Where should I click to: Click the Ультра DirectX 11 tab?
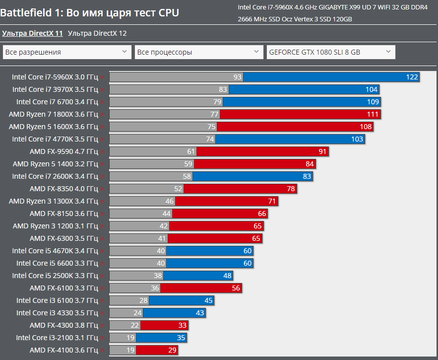tap(32, 33)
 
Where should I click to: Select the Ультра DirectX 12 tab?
tap(97, 33)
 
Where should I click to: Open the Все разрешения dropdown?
tap(67, 52)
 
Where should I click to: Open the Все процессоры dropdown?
tap(199, 52)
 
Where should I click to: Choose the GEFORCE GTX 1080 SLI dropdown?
tap(331, 52)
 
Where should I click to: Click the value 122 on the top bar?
tap(412, 77)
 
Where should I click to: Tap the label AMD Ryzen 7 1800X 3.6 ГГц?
tap(54, 114)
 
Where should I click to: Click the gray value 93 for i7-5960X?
tap(237, 77)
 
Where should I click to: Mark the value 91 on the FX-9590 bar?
tap(322, 151)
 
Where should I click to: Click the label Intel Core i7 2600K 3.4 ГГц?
tap(55, 176)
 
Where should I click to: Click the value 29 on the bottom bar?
tap(172, 350)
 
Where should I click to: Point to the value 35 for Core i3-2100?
tap(181, 338)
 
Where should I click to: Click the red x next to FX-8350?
tap(102, 189)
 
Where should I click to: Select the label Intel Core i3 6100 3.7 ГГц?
tap(57, 300)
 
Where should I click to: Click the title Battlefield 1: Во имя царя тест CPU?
tap(90, 12)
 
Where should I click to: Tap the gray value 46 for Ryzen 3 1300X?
tap(170, 201)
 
